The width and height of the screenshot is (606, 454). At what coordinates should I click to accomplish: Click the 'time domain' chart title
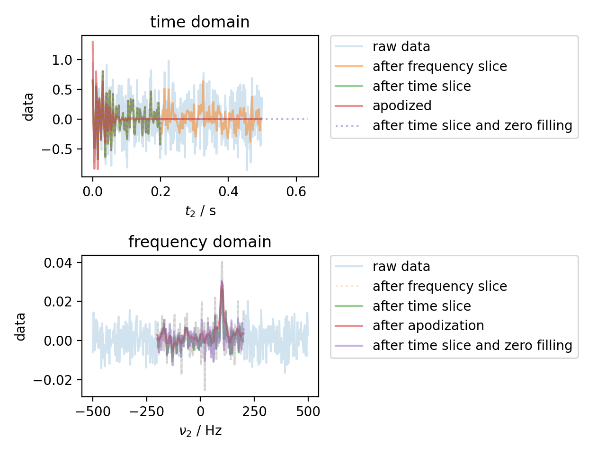click(x=200, y=22)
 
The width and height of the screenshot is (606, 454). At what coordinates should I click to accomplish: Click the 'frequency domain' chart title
click(x=200, y=242)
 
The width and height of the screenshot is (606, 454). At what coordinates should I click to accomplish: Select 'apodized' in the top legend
click(x=402, y=105)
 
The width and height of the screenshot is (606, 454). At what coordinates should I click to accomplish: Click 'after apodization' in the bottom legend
click(x=428, y=325)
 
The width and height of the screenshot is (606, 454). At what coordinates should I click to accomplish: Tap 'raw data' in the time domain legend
click(x=401, y=46)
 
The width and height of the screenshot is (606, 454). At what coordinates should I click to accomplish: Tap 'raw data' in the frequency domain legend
click(x=401, y=266)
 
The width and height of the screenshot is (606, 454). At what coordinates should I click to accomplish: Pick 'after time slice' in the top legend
click(x=421, y=86)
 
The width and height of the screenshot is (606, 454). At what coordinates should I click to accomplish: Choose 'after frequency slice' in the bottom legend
click(x=439, y=286)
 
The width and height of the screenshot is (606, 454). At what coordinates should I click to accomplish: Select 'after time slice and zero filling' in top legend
click(x=472, y=125)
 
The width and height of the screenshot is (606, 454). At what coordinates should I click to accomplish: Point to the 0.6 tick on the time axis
click(x=296, y=192)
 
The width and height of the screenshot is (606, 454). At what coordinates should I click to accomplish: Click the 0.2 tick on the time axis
click(x=160, y=192)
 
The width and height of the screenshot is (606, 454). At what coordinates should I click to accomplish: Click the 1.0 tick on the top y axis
click(x=62, y=60)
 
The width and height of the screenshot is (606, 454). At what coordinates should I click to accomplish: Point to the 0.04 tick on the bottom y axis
click(x=58, y=262)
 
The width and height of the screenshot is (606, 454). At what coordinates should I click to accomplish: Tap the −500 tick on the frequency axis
click(x=93, y=411)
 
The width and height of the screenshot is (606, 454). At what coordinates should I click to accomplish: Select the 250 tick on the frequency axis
click(x=254, y=411)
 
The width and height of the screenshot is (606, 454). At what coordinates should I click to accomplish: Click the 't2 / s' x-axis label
click(x=200, y=211)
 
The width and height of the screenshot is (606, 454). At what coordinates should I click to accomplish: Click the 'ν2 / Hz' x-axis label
click(x=200, y=431)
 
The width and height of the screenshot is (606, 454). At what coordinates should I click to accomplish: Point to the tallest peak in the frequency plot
click(x=222, y=262)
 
